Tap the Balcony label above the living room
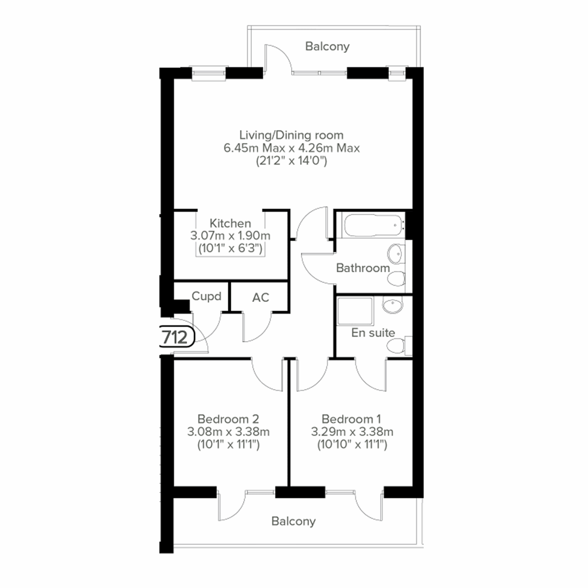[327, 47]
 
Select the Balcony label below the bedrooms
[294, 521]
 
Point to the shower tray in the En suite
[355, 311]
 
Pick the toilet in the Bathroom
[396, 279]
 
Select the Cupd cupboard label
[206, 296]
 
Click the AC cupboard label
[261, 297]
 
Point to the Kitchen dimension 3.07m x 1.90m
[230, 236]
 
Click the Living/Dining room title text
[291, 135]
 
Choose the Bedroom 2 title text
[228, 419]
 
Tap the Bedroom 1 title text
[351, 419]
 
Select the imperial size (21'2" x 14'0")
[291, 161]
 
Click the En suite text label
[373, 333]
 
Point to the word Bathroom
[363, 268]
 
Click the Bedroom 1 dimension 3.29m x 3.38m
[352, 432]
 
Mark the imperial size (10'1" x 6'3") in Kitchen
[230, 248]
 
